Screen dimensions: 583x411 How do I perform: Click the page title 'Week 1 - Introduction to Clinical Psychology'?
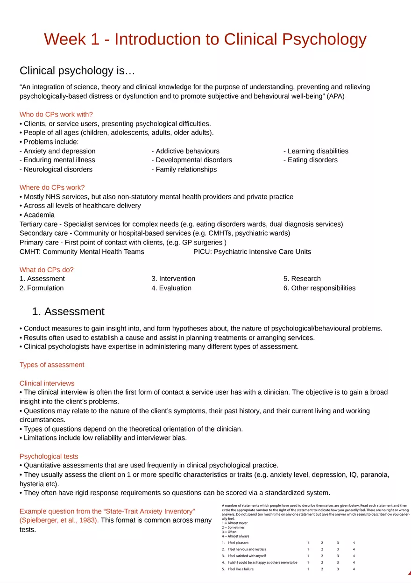click(x=205, y=39)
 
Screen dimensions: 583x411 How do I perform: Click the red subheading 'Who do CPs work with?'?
click(x=56, y=115)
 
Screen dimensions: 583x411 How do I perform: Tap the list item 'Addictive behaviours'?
click(x=185, y=151)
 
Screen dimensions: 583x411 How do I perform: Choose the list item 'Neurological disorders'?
click(x=56, y=169)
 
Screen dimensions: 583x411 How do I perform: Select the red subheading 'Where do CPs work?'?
click(x=52, y=187)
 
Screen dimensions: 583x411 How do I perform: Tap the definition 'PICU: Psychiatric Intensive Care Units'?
click(x=252, y=252)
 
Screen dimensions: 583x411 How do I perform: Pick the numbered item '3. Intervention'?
click(x=173, y=279)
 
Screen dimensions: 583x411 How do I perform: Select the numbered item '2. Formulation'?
click(x=42, y=288)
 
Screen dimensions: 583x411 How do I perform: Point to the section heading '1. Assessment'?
click(x=68, y=311)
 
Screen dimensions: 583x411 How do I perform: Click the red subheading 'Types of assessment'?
click(x=52, y=365)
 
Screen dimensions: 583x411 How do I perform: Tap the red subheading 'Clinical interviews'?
click(x=47, y=383)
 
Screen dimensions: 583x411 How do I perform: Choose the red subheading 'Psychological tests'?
click(x=49, y=456)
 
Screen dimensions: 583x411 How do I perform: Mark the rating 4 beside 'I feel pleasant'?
click(x=354, y=543)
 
